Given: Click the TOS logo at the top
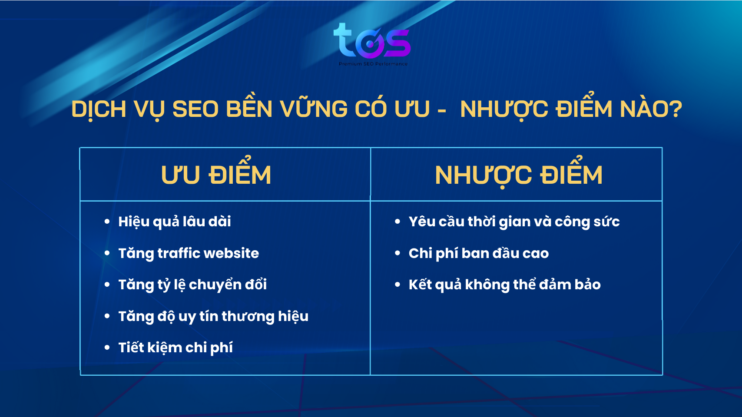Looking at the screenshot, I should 372,41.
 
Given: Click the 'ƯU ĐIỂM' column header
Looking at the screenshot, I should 216,175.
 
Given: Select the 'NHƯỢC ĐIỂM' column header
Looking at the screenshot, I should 519,175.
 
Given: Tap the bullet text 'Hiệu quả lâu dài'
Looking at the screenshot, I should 175,222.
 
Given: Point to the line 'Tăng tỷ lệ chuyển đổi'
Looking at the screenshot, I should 192,285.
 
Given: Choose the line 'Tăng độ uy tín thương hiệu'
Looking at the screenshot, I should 213,316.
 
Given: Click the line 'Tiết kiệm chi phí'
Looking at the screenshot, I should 176,347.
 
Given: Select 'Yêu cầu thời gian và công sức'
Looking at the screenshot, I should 514,222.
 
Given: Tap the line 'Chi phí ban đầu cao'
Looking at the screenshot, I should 478,253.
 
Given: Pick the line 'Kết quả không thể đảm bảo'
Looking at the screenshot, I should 504,285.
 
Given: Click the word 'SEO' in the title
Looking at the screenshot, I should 195,109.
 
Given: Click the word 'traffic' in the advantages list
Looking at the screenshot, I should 179,253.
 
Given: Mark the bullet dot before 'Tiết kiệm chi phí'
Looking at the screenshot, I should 107,347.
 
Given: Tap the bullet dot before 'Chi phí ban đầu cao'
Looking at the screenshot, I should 397,253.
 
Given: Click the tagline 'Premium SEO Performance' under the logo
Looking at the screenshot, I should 373,64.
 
